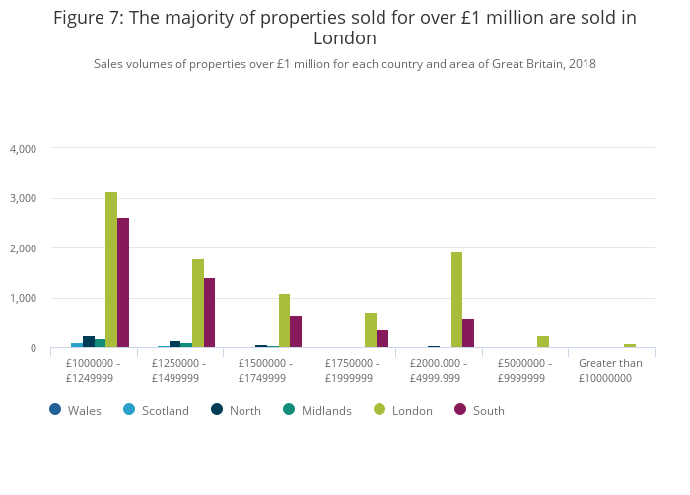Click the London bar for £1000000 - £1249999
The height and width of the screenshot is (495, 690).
tap(111, 270)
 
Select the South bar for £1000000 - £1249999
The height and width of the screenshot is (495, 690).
tap(123, 283)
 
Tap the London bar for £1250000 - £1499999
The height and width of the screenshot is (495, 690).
tap(198, 304)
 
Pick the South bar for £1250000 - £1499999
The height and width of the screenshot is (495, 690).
tap(209, 313)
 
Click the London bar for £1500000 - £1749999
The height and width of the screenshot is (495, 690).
tap(284, 320)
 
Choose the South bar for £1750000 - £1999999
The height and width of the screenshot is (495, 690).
tap(382, 339)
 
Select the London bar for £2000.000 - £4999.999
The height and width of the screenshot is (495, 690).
tap(456, 300)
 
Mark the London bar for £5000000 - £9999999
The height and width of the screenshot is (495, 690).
tap(543, 342)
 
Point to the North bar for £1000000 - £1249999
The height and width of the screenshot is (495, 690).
tap(89, 342)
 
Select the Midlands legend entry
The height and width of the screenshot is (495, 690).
tap(316, 410)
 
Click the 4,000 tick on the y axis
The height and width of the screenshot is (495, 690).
tap(23, 149)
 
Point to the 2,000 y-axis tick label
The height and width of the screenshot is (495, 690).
tap(23, 248)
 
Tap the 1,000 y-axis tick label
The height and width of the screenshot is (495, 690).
tap(23, 299)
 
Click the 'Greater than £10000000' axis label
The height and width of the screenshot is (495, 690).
tap(610, 370)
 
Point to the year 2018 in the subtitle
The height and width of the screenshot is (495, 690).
tap(582, 64)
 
